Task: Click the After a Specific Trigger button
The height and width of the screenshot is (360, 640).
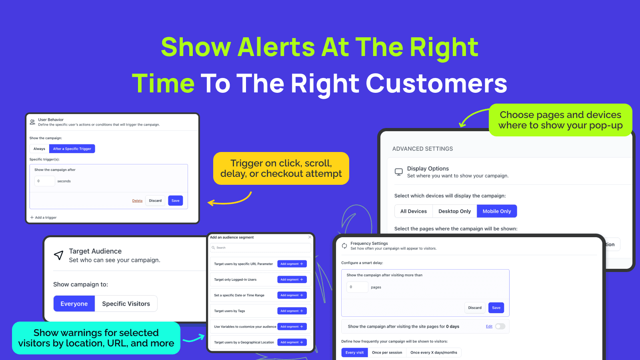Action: click(72, 148)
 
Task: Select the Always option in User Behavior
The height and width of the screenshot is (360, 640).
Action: click(39, 148)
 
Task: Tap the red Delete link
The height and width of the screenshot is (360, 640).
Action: click(137, 200)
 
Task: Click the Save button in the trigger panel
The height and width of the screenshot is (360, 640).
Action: click(176, 200)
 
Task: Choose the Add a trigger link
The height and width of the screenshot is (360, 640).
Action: click(44, 218)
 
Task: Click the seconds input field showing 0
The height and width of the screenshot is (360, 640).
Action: click(44, 181)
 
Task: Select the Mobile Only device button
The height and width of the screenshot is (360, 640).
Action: click(496, 211)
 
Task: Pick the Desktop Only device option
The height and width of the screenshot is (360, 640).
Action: click(454, 211)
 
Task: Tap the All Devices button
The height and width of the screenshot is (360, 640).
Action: click(414, 211)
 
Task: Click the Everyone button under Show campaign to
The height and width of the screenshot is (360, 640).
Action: click(74, 304)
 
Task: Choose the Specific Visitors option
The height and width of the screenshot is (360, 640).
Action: click(126, 304)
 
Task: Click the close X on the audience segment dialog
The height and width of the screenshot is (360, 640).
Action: click(310, 237)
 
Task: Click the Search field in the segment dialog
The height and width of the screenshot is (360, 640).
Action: click(260, 248)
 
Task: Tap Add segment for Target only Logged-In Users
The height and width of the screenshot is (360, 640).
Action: click(292, 280)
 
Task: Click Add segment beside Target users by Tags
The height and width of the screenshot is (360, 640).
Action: click(292, 311)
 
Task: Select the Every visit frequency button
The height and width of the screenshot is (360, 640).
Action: click(354, 352)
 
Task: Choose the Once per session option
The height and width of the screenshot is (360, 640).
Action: click(387, 352)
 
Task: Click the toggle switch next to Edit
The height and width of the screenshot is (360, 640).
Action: click(500, 326)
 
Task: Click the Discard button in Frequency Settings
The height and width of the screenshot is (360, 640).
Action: click(474, 308)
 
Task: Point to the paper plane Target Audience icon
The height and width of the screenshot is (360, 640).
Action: click(58, 255)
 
